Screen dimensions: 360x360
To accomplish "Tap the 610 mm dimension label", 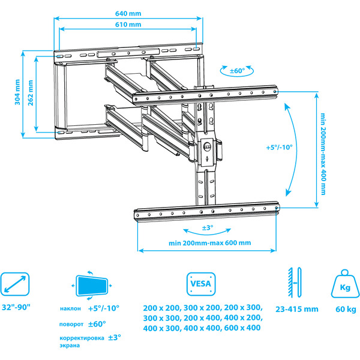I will pos(131,25).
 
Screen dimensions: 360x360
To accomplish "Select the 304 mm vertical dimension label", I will pos(17,93).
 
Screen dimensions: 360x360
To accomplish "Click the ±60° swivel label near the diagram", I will pos(238,71).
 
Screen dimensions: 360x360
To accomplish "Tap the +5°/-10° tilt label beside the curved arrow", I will pos(279,147).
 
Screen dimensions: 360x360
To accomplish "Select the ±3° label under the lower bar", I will pos(206,228).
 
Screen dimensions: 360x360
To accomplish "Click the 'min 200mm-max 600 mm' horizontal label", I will pos(209,242).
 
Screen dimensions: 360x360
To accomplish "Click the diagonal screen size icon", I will pos(16,284).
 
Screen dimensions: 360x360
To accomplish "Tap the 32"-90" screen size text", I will pos(16,307).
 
